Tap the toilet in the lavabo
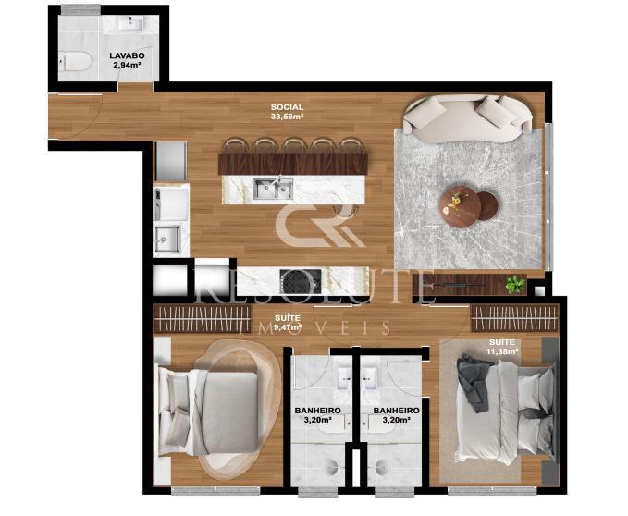coord(75,62)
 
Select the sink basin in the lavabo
coord(130,23)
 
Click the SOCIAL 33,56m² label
coord(287,112)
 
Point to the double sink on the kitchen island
coord(274,189)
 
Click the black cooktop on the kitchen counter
coord(301,281)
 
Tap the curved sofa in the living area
coord(468,117)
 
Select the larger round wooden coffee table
coord(460,206)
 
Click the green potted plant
coord(515,284)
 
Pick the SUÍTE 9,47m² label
coord(288,323)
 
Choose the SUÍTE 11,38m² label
coord(502,347)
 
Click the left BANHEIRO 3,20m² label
coord(317,415)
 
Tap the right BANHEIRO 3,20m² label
coord(396,415)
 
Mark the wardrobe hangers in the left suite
coord(203,318)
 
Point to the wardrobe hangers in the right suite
coord(514,318)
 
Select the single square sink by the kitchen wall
coord(167,239)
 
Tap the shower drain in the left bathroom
coord(331,466)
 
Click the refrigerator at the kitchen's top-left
coord(171,161)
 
